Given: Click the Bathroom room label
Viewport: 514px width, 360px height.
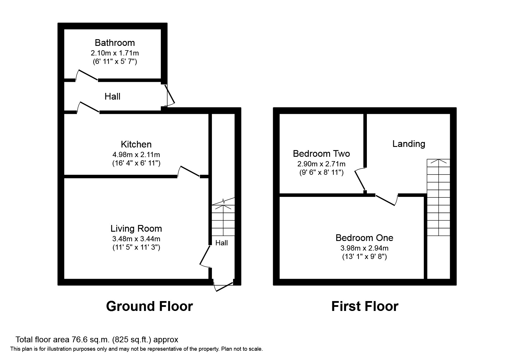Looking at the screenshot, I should tap(115, 43).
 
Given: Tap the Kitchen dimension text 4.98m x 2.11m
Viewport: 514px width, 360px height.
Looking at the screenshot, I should tap(136, 155).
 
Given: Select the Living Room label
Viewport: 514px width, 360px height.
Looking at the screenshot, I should tap(136, 228).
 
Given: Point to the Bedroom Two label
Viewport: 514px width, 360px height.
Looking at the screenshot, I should tap(321, 154).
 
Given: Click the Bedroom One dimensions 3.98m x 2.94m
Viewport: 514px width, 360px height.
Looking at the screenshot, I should tap(364, 248).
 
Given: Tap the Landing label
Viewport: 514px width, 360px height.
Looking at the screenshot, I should tap(409, 144).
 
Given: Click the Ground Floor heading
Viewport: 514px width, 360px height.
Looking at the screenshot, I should tap(149, 306).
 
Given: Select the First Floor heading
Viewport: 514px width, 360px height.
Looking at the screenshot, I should tap(365, 306).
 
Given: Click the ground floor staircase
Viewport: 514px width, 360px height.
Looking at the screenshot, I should tap(223, 221).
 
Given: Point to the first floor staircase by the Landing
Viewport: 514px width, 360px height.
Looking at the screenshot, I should tap(438, 197).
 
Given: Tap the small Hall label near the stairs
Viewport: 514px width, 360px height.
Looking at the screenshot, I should tap(221, 243).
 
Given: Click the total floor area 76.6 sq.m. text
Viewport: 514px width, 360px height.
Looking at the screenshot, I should tap(97, 340).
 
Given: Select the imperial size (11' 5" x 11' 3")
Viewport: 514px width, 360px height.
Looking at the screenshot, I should tap(136, 247).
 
